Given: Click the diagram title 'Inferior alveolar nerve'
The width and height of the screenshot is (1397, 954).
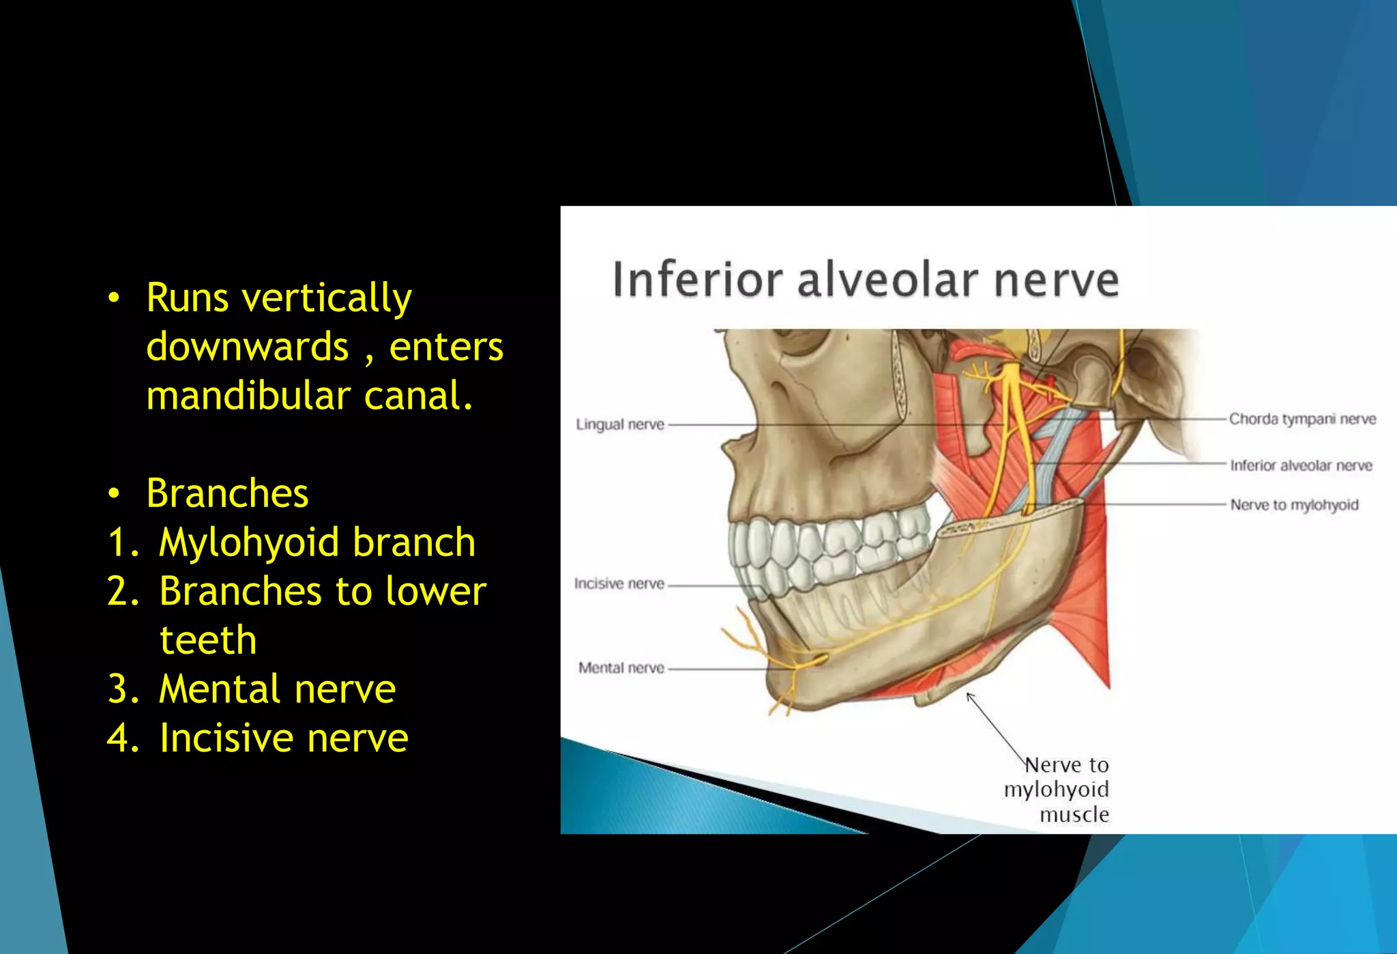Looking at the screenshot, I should [x=865, y=280].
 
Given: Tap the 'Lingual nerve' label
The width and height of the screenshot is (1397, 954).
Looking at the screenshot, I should [x=619, y=424].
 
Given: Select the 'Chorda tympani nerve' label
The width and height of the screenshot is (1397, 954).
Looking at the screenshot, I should [x=1302, y=419].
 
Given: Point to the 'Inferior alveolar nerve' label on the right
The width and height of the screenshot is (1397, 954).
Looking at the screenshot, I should [x=1301, y=465].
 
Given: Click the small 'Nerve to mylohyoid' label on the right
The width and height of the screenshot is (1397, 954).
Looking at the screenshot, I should [x=1294, y=505].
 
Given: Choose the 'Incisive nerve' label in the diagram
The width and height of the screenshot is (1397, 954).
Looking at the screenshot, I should [x=619, y=583].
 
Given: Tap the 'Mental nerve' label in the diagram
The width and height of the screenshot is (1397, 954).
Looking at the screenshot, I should [x=621, y=667].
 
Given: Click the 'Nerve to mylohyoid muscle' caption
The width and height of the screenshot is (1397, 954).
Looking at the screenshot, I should [x=1057, y=789].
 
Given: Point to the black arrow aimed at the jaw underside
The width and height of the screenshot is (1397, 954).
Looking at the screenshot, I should [x=996, y=727].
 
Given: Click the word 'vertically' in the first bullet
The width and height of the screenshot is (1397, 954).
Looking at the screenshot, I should [x=327, y=299].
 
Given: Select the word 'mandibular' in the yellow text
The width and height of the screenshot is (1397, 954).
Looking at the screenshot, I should [x=248, y=396].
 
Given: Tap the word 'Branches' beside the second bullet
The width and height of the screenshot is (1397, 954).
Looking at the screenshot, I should [x=227, y=493].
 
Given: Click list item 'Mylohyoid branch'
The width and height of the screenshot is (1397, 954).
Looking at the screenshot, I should [x=317, y=543].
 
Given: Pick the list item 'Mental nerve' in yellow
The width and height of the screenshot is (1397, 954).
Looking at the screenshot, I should [x=277, y=689].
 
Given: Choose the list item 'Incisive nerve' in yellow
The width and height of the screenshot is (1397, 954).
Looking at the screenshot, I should [x=284, y=738].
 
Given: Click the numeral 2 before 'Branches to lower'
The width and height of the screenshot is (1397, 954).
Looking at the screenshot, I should [x=123, y=591].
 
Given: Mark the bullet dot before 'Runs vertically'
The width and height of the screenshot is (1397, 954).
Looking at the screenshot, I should [x=114, y=298].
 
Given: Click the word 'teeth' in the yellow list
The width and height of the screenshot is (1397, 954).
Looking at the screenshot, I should [x=208, y=640].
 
